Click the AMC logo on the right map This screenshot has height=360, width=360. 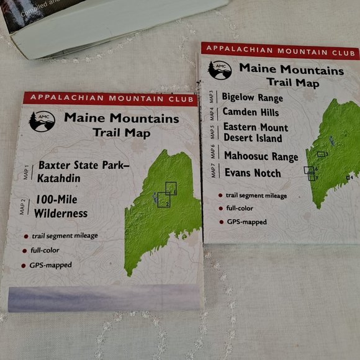pos(219,70)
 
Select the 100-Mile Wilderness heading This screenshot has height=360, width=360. pos(61,207)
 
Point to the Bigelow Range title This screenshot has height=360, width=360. pos(252,97)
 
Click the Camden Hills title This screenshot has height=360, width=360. pos(250,112)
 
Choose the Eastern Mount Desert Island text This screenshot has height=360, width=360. pos(252,133)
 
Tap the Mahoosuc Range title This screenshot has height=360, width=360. pos(261,156)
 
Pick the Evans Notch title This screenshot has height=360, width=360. pos(252,173)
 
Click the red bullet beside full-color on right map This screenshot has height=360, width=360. pos(220,209)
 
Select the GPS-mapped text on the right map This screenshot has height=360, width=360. pos(246,222)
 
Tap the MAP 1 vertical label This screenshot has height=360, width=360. pos(26,173)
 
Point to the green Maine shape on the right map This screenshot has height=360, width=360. pos(333,161)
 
